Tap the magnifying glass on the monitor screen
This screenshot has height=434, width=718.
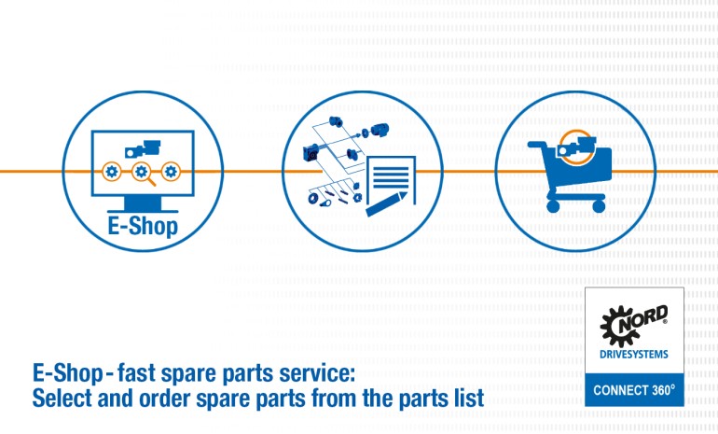pyautogui.click(x=142, y=172)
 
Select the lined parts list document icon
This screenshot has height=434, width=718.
pyautogui.click(x=391, y=176)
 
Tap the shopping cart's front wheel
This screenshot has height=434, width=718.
pyautogui.click(x=552, y=207)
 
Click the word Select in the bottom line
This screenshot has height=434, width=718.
pyautogui.click(x=60, y=399)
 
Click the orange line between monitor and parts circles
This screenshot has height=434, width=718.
pyautogui.click(x=246, y=172)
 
